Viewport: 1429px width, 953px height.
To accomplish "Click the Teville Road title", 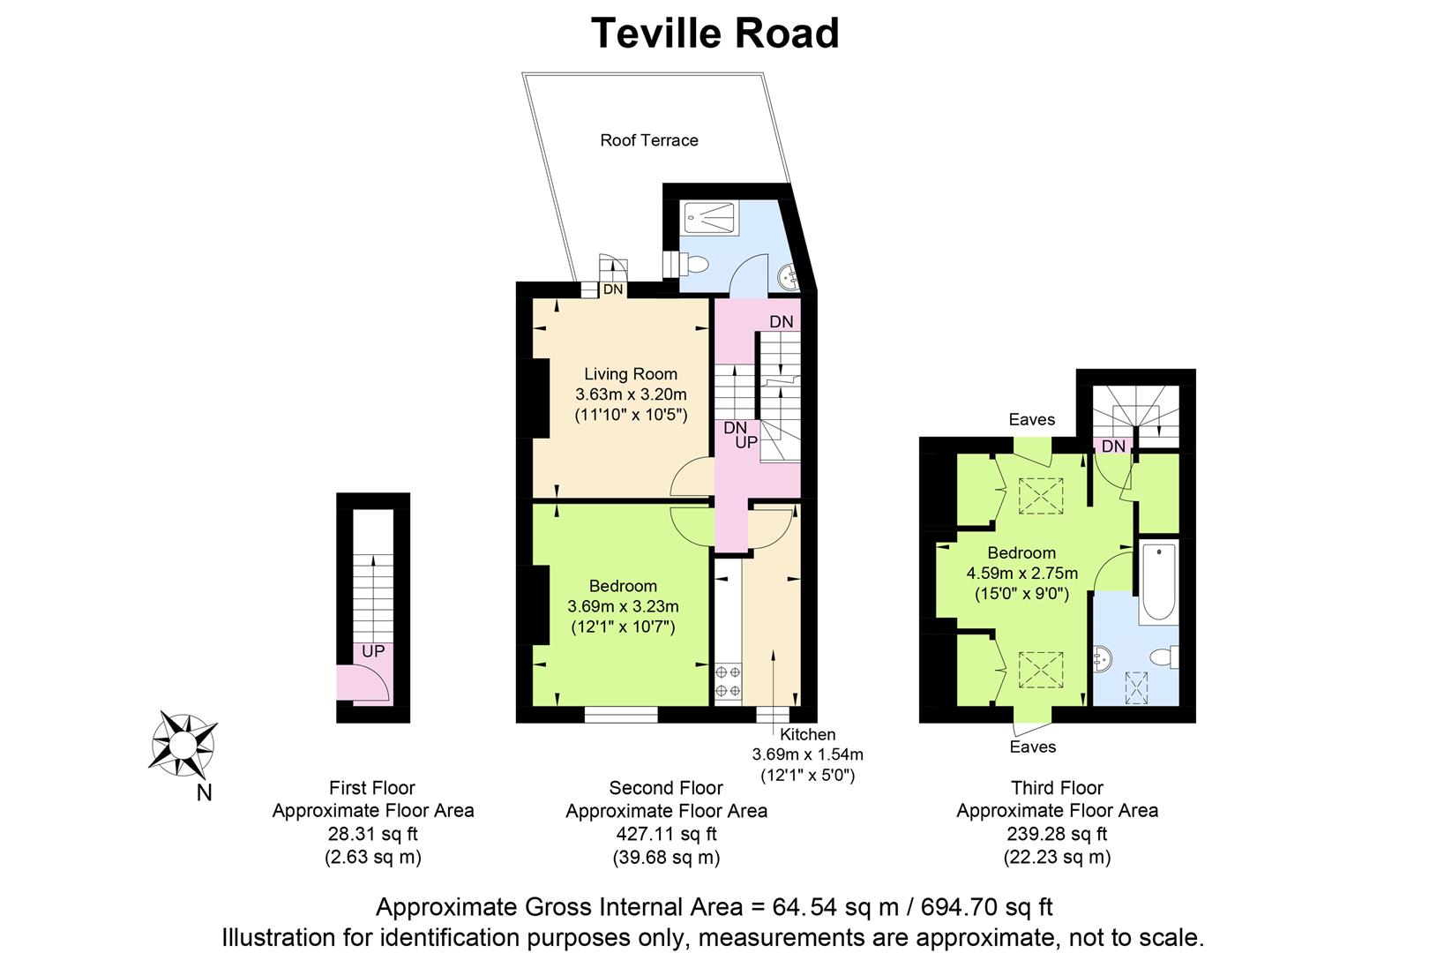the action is [714, 33].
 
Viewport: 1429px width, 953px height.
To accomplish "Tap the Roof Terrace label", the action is [649, 140].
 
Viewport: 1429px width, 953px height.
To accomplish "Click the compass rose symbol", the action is [183, 744].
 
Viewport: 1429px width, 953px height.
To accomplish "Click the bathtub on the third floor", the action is [1158, 582].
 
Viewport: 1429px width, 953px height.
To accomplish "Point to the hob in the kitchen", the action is [728, 680].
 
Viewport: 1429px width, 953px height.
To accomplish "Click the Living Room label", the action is [631, 374].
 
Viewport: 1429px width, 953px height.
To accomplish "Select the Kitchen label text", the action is [807, 734].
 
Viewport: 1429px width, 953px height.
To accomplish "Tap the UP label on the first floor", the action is [373, 651].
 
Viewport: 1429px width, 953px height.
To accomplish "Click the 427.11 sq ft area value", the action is [666, 834].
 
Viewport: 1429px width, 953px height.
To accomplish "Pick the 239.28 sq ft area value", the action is [1057, 834].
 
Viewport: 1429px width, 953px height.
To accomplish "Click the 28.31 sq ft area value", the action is [372, 834].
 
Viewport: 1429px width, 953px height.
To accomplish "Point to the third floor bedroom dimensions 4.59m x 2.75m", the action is [1022, 574].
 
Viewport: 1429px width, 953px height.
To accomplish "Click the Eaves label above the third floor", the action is [1031, 419].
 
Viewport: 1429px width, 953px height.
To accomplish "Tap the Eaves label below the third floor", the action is [1033, 747].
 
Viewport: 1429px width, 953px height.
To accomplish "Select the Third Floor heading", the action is [1057, 788].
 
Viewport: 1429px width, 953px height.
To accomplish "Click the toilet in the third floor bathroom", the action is [1165, 657].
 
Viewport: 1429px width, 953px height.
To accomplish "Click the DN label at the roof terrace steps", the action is [613, 289].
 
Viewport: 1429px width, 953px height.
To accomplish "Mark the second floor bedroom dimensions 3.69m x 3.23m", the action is [623, 606].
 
